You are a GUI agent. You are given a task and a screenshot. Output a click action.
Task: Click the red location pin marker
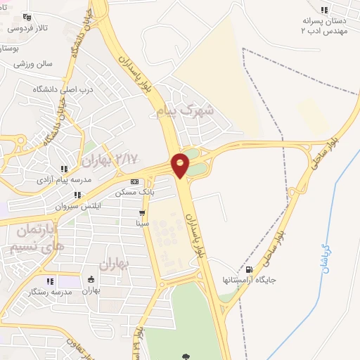[x=181, y=165]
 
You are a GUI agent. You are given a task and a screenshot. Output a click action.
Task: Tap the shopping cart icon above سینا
[x=142, y=212]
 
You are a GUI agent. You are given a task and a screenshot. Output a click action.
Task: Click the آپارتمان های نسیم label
[x=39, y=238]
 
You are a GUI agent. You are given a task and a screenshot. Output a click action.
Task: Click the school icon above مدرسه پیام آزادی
[x=64, y=169]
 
